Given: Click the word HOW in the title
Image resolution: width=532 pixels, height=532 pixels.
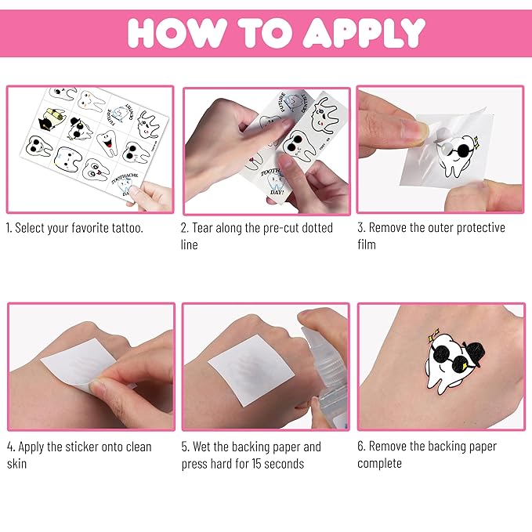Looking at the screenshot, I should tap(173, 32).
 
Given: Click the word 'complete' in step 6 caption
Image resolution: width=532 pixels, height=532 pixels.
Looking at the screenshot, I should tap(379, 463).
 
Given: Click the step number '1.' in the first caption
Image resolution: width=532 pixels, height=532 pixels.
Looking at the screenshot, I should tap(11, 228).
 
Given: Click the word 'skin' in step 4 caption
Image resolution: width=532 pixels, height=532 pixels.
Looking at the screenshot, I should tap(16, 463).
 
